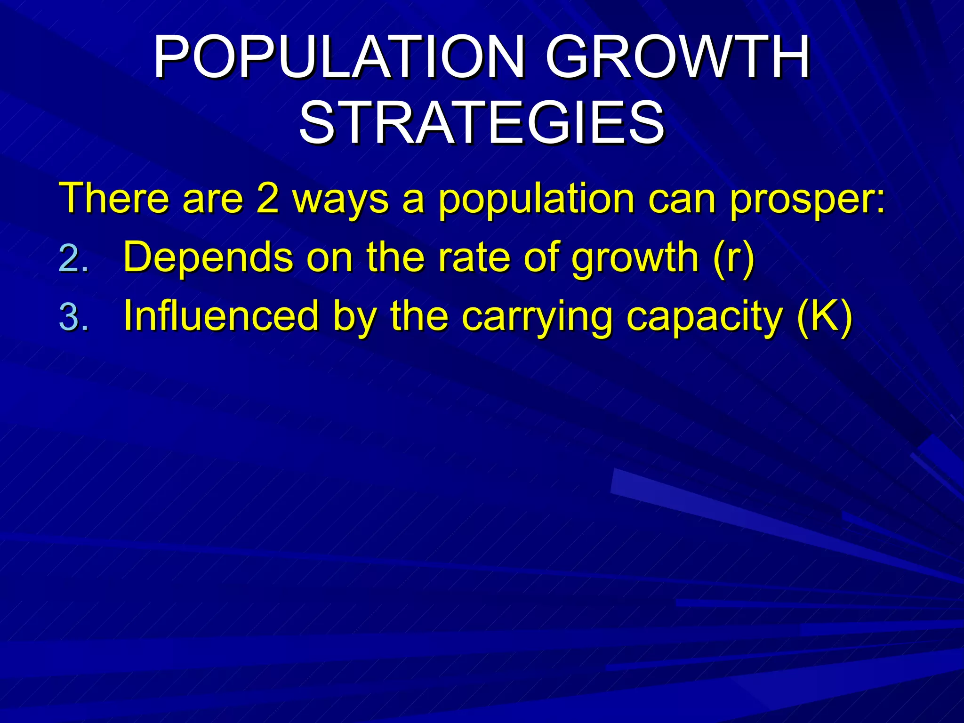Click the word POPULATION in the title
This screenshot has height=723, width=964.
(x=339, y=57)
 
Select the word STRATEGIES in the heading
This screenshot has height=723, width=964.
(x=481, y=123)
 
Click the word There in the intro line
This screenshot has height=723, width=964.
(x=113, y=198)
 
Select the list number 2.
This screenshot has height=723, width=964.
(x=73, y=259)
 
